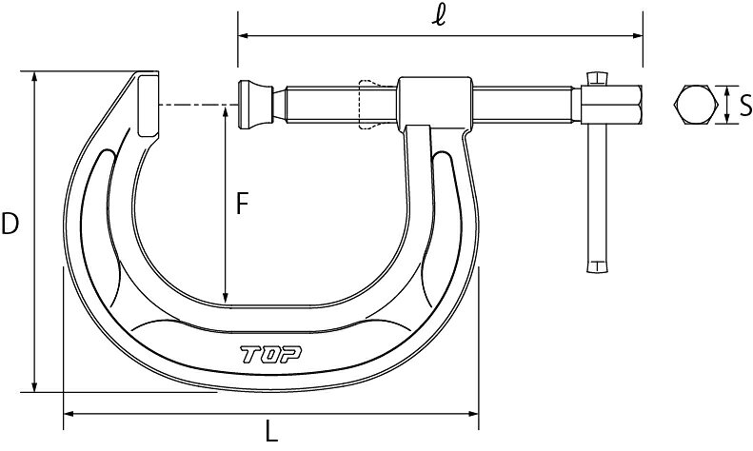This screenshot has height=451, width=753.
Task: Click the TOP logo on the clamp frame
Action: click(271, 355)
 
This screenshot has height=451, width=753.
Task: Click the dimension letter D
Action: click(10, 224)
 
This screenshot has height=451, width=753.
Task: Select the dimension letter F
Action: click(242, 204)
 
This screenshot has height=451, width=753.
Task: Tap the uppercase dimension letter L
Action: click(272, 431)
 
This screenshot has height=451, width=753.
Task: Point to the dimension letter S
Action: click(745, 106)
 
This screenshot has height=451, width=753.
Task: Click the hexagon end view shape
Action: click(696, 105)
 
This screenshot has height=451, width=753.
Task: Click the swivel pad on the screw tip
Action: click(255, 105)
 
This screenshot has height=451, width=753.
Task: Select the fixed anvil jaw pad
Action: click(148, 106)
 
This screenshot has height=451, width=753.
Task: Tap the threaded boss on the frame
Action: click(435, 103)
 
